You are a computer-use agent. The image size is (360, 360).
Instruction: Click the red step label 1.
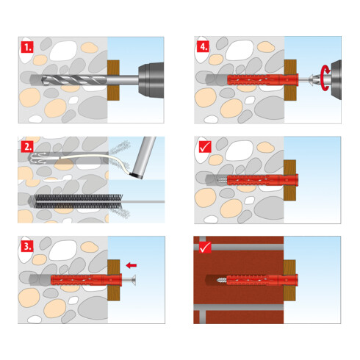pyautogui.click(x=27, y=47)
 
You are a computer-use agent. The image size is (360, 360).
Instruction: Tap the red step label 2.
pyautogui.click(x=27, y=147)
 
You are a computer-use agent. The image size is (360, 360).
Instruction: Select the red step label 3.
pyautogui.click(x=27, y=246)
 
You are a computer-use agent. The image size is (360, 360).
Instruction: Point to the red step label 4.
pyautogui.click(x=204, y=46)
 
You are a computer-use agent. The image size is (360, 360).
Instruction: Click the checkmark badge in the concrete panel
pyautogui.click(x=205, y=147)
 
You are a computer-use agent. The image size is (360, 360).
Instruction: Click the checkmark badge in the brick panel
pyautogui.click(x=205, y=247)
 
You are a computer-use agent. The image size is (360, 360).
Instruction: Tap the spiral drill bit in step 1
pyautogui.click(x=74, y=80)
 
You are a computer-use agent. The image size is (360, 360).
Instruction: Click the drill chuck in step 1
pyautogui.click(x=151, y=80)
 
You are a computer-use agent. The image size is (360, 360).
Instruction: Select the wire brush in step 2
pyautogui.click(x=79, y=201)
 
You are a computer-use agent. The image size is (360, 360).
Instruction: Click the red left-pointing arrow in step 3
pyautogui.click(x=132, y=265)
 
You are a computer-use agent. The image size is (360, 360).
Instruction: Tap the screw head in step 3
pyautogui.click(x=134, y=281)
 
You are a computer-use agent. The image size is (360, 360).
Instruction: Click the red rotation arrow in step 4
pyautogui.click(x=325, y=79)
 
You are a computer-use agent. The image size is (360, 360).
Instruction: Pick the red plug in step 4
pyautogui.click(x=262, y=79)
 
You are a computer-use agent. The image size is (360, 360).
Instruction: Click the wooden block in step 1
pyautogui.click(x=113, y=80)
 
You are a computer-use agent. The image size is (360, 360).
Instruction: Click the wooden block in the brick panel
pyautogui.click(x=289, y=281)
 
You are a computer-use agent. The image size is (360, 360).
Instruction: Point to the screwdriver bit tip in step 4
pyautogui.click(x=312, y=79)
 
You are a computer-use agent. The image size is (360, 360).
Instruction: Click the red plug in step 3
pyautogui.click(x=86, y=281)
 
